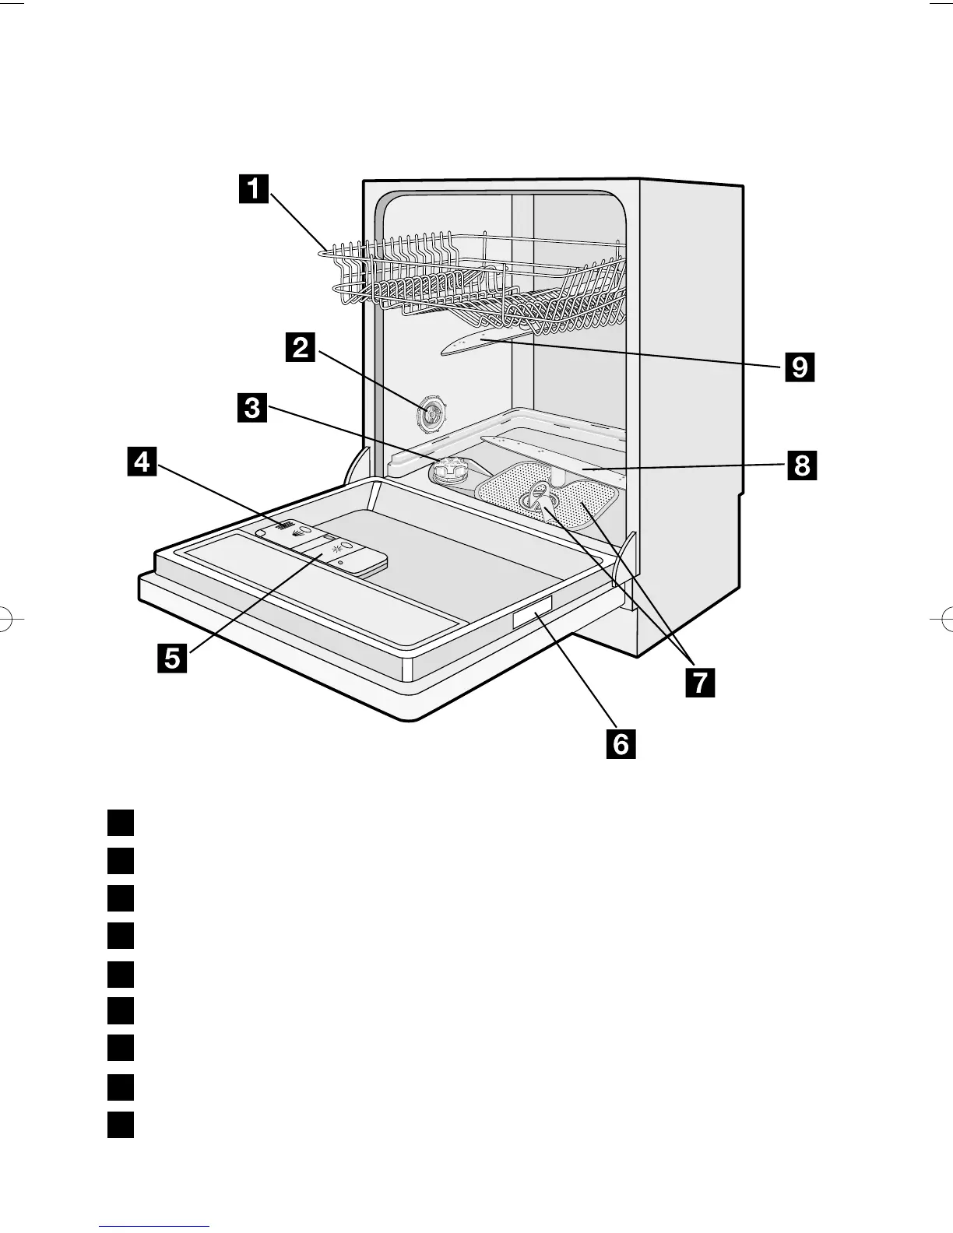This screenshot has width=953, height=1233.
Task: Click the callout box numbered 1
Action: (253, 189)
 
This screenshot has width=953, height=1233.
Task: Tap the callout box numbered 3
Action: (252, 408)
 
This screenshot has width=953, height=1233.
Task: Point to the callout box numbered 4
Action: (141, 462)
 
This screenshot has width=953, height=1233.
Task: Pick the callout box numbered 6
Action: (621, 744)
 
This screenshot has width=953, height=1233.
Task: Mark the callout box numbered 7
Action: (699, 682)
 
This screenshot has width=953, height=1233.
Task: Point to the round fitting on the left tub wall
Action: (430, 415)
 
